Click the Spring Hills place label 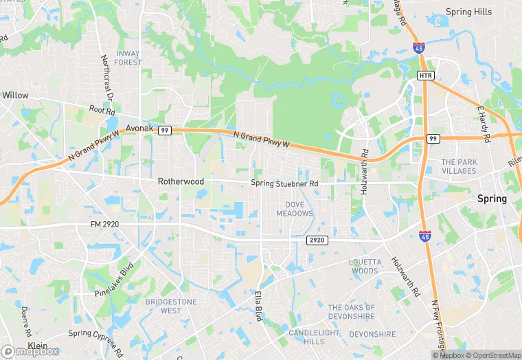pyautogui.click(x=469, y=12)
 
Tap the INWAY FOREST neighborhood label pyautogui.click(x=128, y=58)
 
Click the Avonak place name pyautogui.click(x=139, y=128)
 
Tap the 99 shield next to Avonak pyautogui.click(x=164, y=130)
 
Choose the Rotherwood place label pyautogui.click(x=181, y=181)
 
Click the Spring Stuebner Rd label pyautogui.click(x=284, y=183)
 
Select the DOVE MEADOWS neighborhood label pyautogui.click(x=295, y=209)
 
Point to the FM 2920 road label pyautogui.click(x=106, y=224)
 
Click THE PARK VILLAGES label pyautogui.click(x=459, y=166)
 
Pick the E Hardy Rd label pyautogui.click(x=484, y=124)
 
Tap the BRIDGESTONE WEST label pyautogui.click(x=171, y=306)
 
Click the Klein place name pyautogui.click(x=38, y=346)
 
